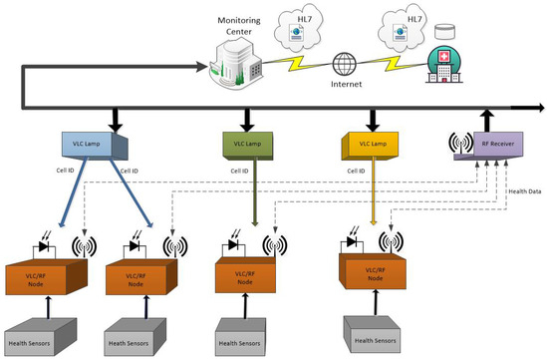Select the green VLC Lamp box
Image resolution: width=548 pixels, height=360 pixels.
(249, 146)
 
